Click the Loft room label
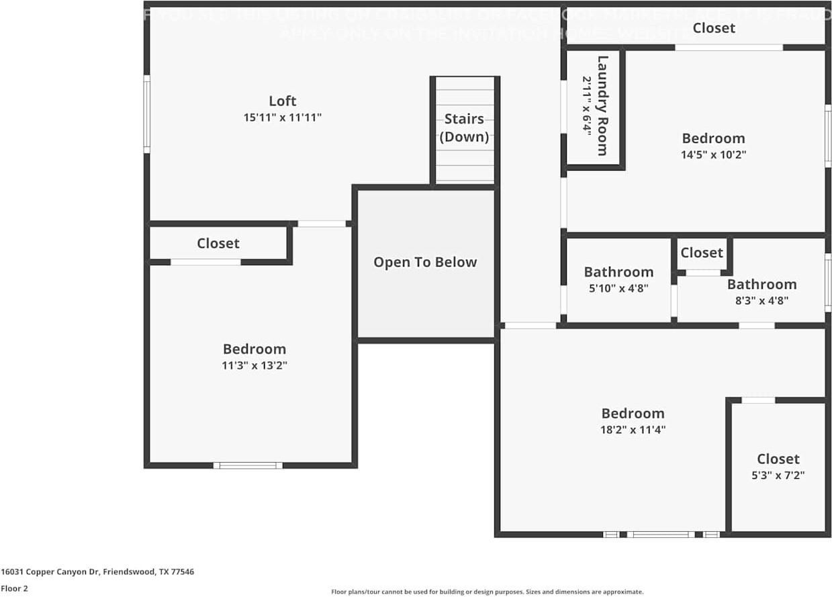[282, 101]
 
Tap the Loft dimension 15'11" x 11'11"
[282, 118]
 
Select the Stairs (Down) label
[464, 128]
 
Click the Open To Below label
[425, 263]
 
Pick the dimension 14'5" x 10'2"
[713, 154]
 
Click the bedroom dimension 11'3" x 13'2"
[254, 366]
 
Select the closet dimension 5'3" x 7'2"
[778, 475]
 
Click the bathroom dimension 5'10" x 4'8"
[618, 289]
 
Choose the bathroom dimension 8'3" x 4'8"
[761, 301]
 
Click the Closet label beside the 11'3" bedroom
[218, 243]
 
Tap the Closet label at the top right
[714, 28]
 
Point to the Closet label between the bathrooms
[701, 252]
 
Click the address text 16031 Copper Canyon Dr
[97, 572]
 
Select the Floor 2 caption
[14, 588]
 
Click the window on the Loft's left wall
[146, 114]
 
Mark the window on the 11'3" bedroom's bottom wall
[248, 465]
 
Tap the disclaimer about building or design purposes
[487, 592]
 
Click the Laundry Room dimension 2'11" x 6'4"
[586, 105]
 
